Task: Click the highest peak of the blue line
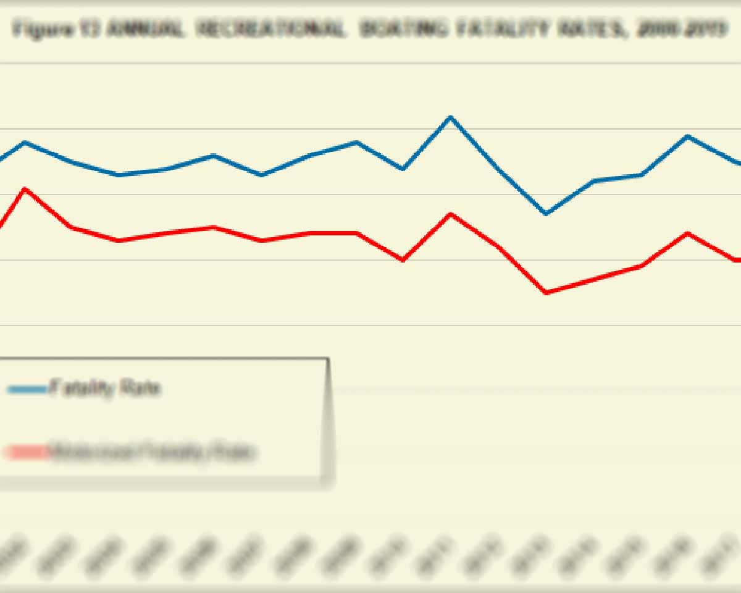click(450, 117)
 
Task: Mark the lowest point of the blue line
click(545, 213)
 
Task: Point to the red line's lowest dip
click(545, 292)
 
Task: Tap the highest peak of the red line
click(24, 188)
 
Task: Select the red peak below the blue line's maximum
click(450, 214)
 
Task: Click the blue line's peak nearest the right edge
click(687, 136)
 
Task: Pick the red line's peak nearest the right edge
click(687, 233)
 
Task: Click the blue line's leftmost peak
click(24, 143)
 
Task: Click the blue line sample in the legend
click(27, 389)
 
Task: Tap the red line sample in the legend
click(27, 453)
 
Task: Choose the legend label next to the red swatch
click(152, 453)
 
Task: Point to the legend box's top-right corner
click(327, 358)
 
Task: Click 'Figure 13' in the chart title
click(56, 29)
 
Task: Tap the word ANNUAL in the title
click(146, 29)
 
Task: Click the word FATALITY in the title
click(504, 29)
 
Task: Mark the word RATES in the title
click(593, 29)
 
